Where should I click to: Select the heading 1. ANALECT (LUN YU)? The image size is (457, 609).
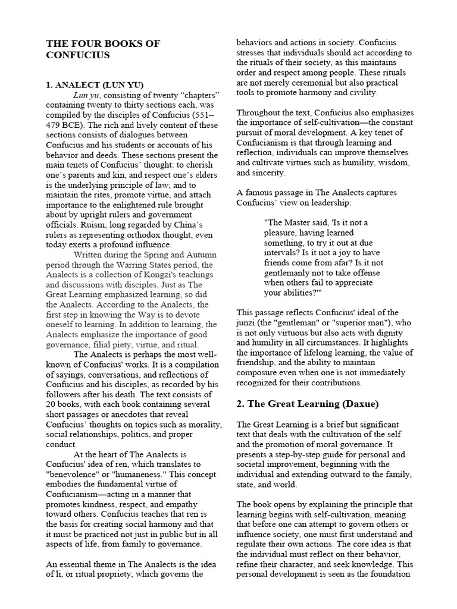(95, 85)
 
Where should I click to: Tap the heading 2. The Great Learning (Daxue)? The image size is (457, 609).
(308, 404)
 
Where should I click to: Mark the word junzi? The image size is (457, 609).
(249, 323)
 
